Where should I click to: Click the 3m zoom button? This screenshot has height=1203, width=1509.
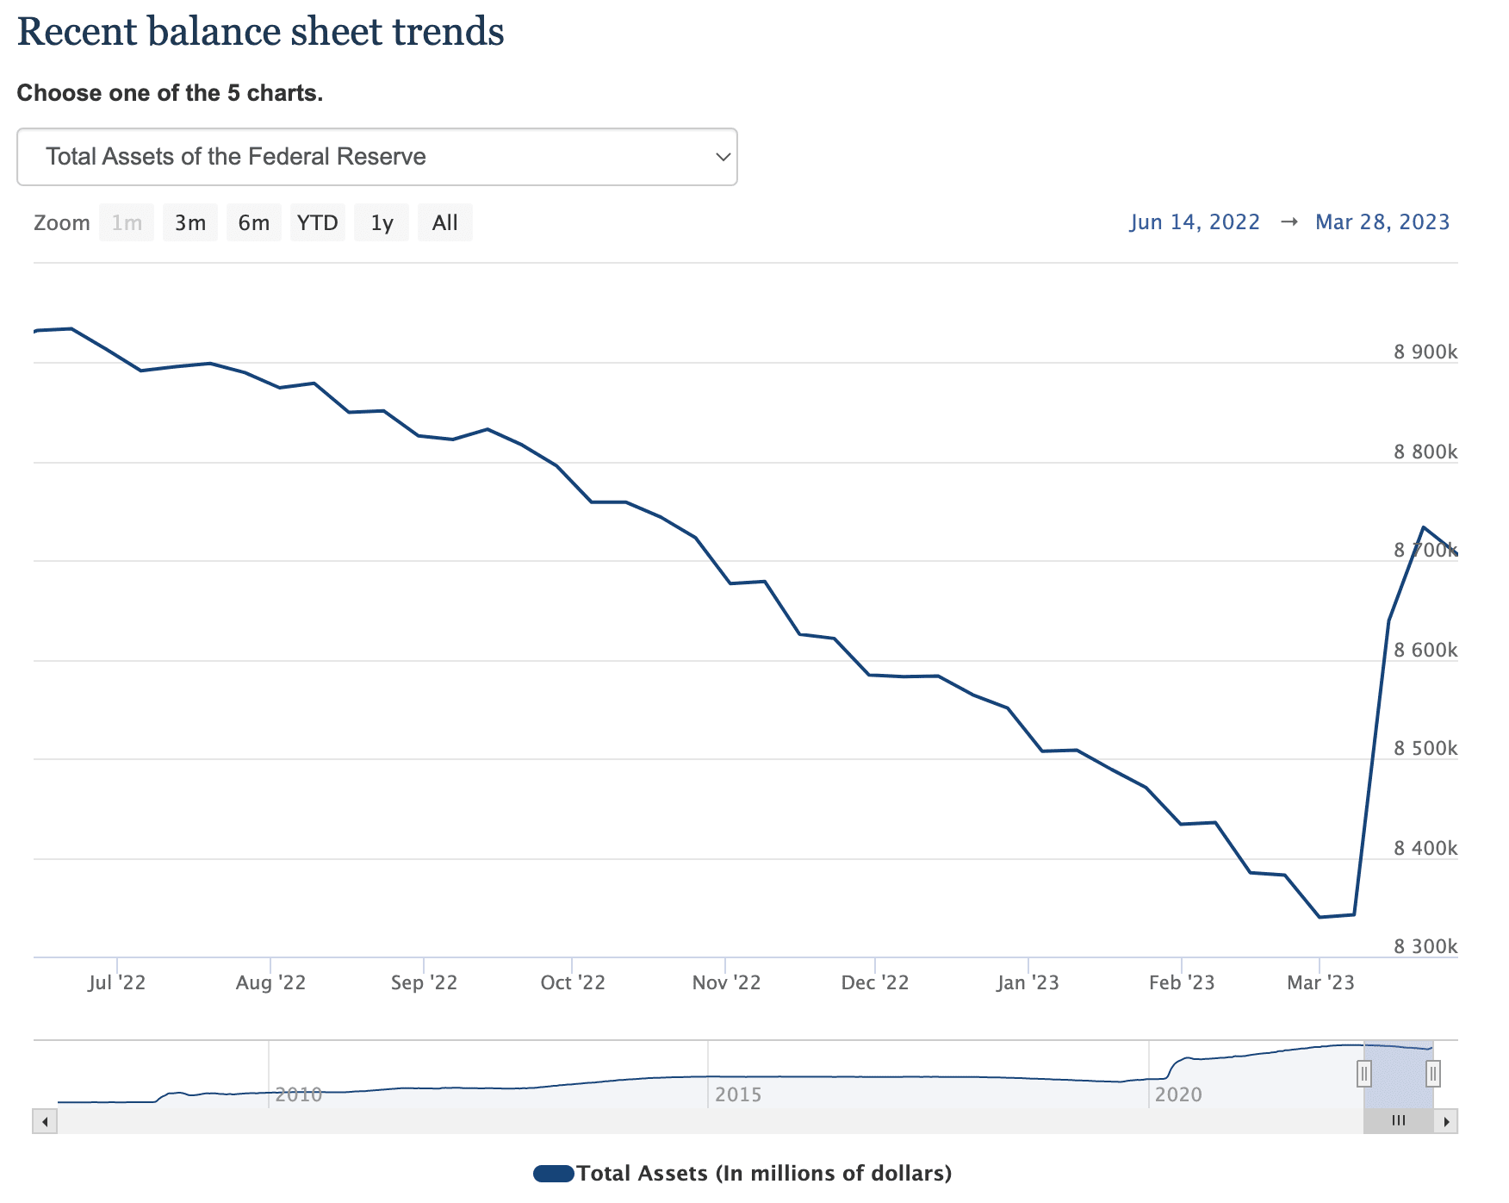click(190, 223)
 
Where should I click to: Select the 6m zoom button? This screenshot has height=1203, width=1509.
click(253, 223)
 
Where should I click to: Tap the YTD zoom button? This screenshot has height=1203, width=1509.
click(317, 223)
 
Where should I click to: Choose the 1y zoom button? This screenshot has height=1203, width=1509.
click(382, 223)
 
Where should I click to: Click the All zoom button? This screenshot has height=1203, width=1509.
click(444, 223)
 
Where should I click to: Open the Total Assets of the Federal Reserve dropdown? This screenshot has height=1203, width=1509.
click(377, 157)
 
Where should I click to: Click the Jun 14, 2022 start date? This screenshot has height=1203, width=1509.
click(1195, 222)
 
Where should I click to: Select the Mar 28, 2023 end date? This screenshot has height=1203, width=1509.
click(1382, 222)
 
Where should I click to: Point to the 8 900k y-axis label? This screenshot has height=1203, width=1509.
click(1425, 352)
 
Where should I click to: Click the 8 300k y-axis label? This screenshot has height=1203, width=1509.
click(1425, 946)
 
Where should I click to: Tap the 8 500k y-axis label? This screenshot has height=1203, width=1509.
click(1425, 748)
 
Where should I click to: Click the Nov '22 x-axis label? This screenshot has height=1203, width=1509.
click(726, 982)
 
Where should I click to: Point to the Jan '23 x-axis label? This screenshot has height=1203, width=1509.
click(1028, 982)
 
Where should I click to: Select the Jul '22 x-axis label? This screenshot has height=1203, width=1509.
click(116, 982)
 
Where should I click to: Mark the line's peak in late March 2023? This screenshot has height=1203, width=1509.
click(1423, 527)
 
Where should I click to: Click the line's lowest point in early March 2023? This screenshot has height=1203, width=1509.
click(1320, 917)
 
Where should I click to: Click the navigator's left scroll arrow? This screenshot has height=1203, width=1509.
click(45, 1121)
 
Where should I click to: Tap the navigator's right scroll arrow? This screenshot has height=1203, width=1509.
click(1446, 1121)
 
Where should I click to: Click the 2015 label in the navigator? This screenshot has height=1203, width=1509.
click(738, 1094)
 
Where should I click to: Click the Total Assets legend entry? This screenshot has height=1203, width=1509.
click(742, 1173)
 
